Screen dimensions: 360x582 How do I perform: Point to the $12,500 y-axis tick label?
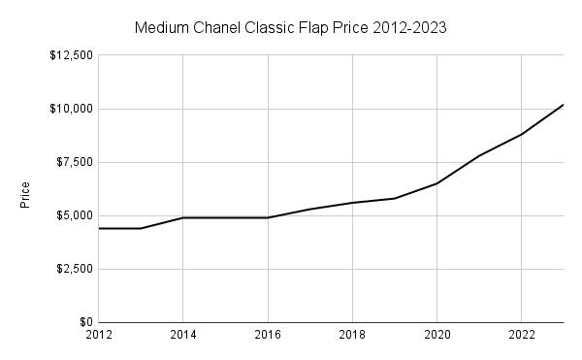(x=70, y=55)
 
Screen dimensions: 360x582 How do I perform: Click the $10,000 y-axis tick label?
(x=70, y=109)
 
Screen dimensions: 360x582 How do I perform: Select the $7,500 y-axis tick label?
(x=73, y=162)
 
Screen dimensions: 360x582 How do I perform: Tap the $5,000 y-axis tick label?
(x=73, y=215)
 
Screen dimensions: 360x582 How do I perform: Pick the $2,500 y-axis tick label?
(x=73, y=269)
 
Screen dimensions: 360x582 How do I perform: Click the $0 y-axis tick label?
(x=84, y=322)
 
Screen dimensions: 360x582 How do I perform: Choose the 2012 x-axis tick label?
(x=100, y=336)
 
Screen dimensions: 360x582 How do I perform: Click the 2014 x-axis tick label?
(x=183, y=336)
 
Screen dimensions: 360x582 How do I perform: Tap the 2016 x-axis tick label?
(x=268, y=336)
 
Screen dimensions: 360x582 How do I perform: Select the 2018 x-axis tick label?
(x=352, y=336)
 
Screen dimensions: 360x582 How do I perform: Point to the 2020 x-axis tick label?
(x=436, y=336)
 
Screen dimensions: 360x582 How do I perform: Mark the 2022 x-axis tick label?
(x=521, y=336)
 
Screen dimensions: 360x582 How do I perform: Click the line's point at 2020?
(x=436, y=183)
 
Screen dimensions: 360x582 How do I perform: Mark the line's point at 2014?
(x=183, y=217)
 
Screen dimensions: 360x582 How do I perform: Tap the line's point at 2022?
(x=521, y=134)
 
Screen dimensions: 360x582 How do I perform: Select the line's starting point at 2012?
(x=100, y=228)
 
